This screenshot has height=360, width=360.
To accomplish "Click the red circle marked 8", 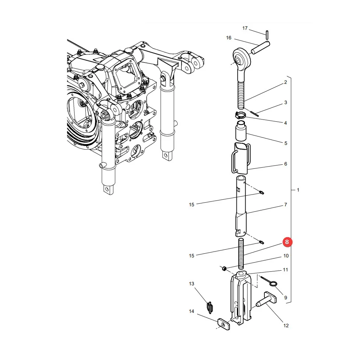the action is coord(287,242).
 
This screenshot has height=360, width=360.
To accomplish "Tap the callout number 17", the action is coord(245,28).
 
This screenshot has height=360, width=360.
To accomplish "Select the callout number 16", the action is coord(229,38).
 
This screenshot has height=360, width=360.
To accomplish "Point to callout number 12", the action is coord(286,325).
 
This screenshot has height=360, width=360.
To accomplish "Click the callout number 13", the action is coord(192,284).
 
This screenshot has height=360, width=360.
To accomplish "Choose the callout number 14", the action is coord(192,311).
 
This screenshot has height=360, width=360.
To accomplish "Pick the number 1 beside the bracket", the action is coord(298,190).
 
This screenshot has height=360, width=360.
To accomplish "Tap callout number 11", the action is coord(285,270).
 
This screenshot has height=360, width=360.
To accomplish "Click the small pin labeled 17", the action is coord(267,35).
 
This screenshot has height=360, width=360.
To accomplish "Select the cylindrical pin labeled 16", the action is coord(260,47).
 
